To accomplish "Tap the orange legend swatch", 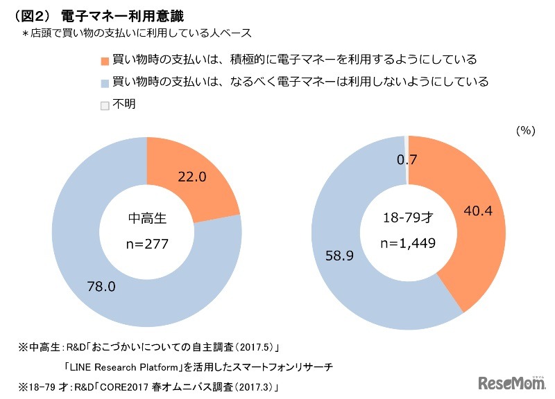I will click(105, 60).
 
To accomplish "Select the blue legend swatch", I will click(105, 82).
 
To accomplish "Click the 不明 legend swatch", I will click(105, 105).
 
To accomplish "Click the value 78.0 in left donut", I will click(101, 285).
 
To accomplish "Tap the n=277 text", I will click(147, 243).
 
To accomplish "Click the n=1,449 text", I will click(408, 243).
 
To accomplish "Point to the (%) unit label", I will click(526, 130).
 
